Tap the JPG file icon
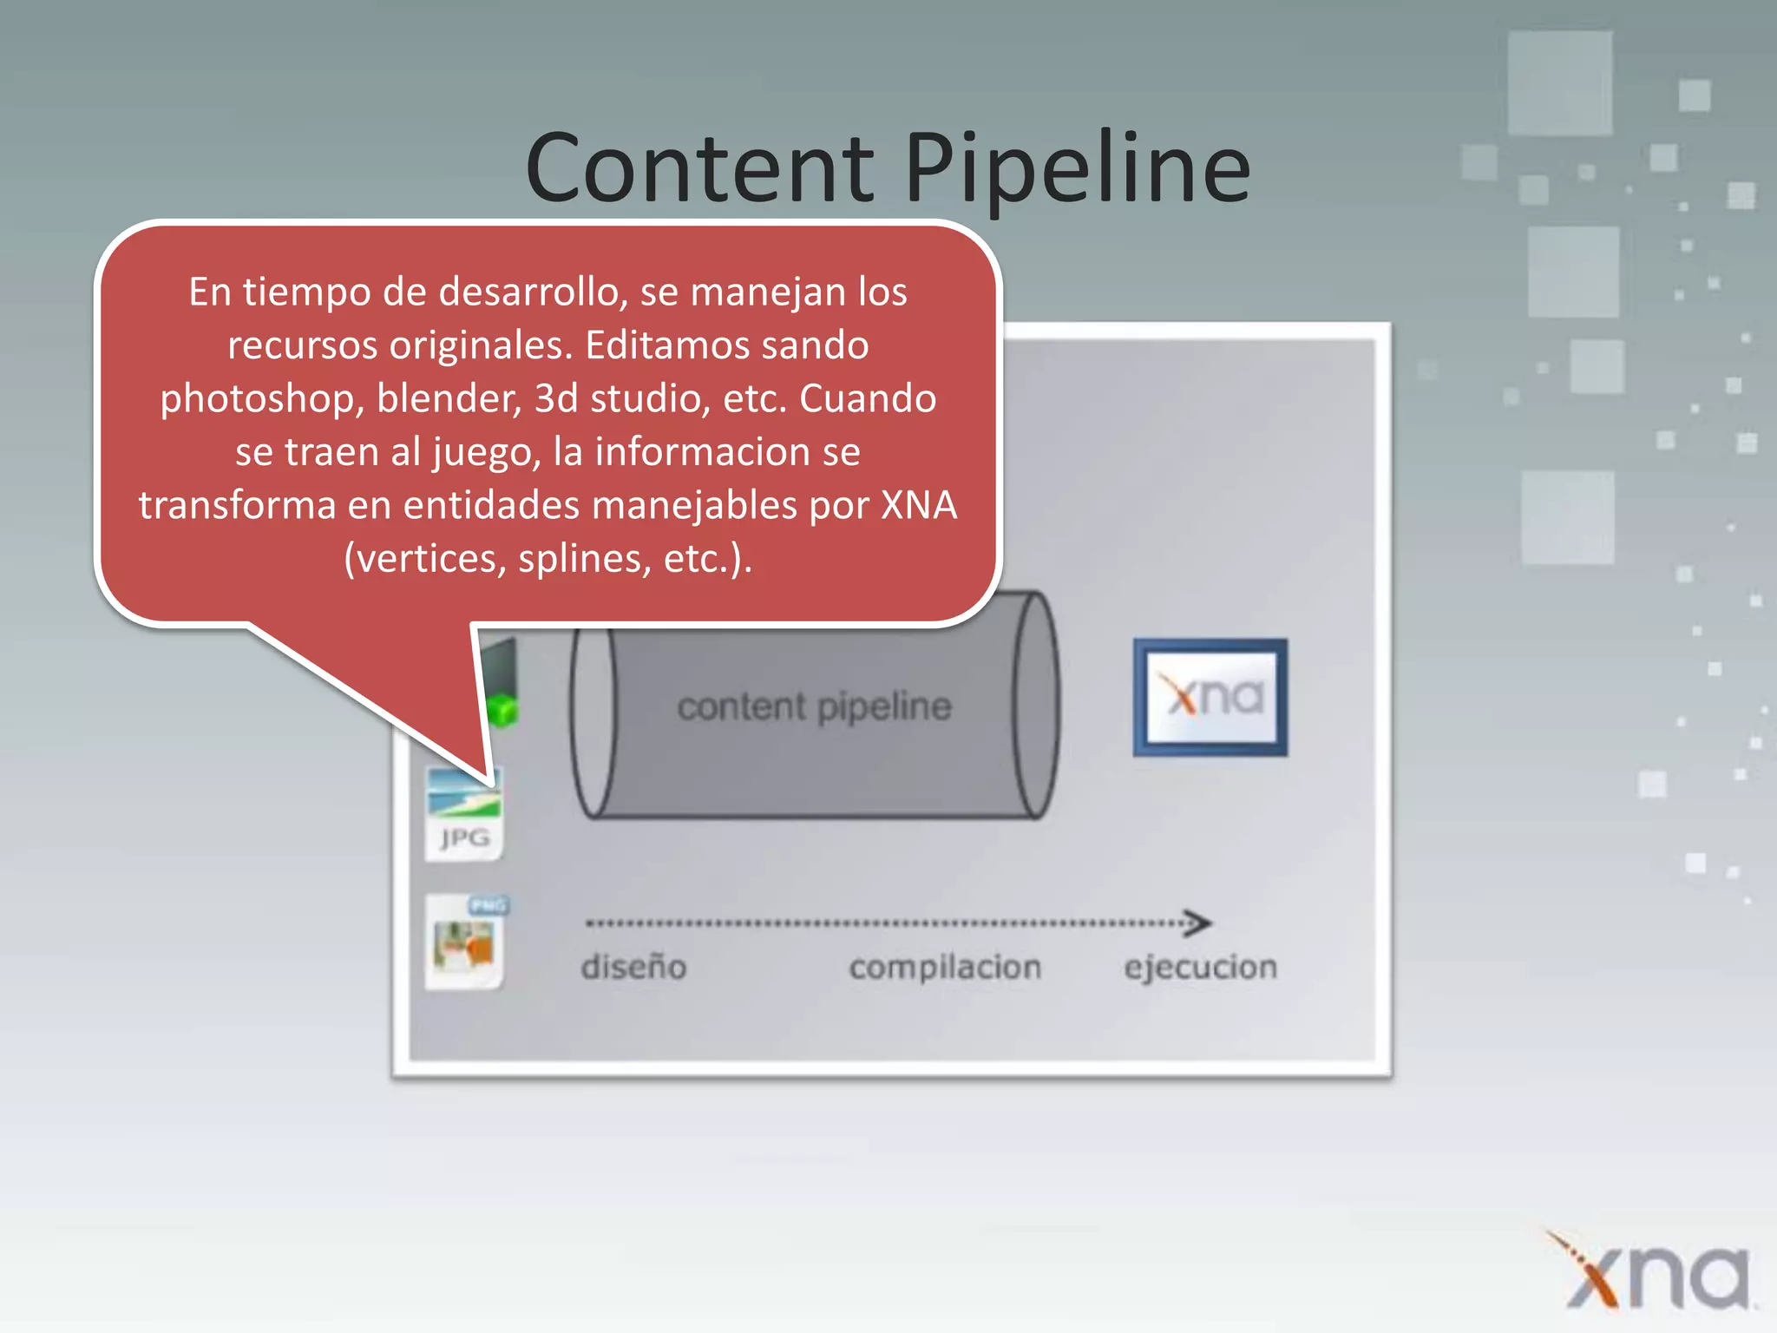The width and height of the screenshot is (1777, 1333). [463, 813]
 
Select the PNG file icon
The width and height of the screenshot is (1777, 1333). [466, 942]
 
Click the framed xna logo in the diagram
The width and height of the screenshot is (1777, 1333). [1210, 697]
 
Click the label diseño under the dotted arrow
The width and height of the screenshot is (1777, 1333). [633, 967]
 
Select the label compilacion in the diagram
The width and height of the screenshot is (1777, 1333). [945, 967]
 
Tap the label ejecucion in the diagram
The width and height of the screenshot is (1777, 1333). [1201, 967]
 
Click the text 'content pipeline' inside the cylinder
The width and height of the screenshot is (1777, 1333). [814, 706]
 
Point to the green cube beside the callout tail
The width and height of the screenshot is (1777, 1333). [502, 711]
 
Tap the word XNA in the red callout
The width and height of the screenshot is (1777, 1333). [919, 505]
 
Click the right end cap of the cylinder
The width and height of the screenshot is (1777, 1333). [1036, 705]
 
